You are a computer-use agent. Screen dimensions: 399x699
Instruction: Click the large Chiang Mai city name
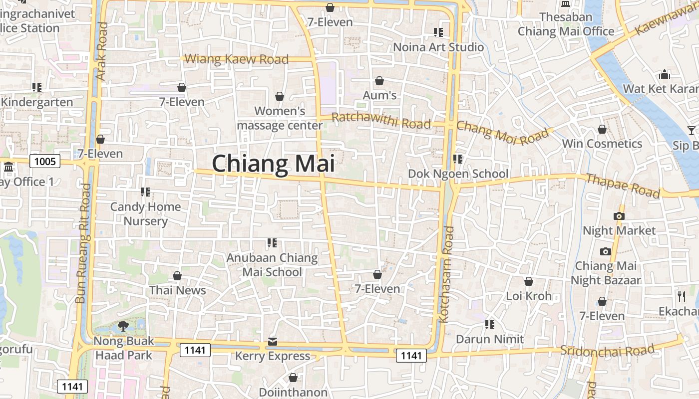coord(273,164)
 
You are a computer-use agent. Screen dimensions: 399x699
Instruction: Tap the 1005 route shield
coord(45,161)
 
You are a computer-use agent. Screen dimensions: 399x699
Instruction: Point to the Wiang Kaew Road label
coord(237,59)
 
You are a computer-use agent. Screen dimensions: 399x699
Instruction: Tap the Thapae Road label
coord(623,186)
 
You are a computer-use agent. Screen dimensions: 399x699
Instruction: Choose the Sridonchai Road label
coord(607,350)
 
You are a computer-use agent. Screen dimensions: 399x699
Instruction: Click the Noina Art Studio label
coord(438,47)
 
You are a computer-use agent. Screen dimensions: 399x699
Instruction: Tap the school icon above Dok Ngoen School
coord(458,159)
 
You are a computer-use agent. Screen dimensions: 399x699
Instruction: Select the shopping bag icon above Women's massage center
coord(280,96)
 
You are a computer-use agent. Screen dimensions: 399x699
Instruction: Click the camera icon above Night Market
coord(619,216)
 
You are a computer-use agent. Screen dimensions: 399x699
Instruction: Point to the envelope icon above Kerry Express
coord(273,342)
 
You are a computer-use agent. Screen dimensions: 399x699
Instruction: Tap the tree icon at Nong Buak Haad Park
coord(123,327)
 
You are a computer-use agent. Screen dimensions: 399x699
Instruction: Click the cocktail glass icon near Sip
coord(691,131)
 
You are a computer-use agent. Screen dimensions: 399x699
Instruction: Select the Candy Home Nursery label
coord(145,213)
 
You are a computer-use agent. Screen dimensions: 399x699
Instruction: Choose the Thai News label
coord(177,290)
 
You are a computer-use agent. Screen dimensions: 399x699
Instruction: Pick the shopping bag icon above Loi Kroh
coord(528,282)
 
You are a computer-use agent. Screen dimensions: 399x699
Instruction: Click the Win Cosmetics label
coord(602,144)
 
